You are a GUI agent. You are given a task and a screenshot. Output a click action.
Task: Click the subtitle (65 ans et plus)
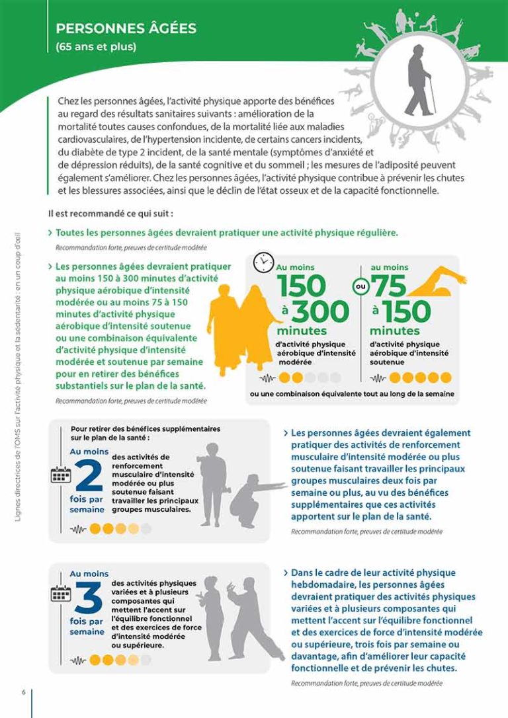tap(96, 47)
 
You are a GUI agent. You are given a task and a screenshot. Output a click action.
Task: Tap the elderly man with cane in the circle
tap(418, 81)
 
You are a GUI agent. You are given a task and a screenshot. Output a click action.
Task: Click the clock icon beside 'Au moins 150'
tap(263, 262)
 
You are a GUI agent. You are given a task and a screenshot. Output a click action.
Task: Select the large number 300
tap(321, 311)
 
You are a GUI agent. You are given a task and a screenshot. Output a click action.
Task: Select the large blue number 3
tap(88, 598)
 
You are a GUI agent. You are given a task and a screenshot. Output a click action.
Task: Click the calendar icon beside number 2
tap(61, 475)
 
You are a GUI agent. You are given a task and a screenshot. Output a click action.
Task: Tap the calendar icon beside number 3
tap(61, 593)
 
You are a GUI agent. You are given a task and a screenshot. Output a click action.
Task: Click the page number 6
tap(23, 692)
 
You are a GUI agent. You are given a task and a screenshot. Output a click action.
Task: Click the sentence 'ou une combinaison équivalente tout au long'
tap(352, 394)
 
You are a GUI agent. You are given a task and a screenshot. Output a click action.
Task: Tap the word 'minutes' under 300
tap(302, 330)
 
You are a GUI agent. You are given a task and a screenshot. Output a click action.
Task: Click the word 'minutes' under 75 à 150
tap(395, 330)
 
